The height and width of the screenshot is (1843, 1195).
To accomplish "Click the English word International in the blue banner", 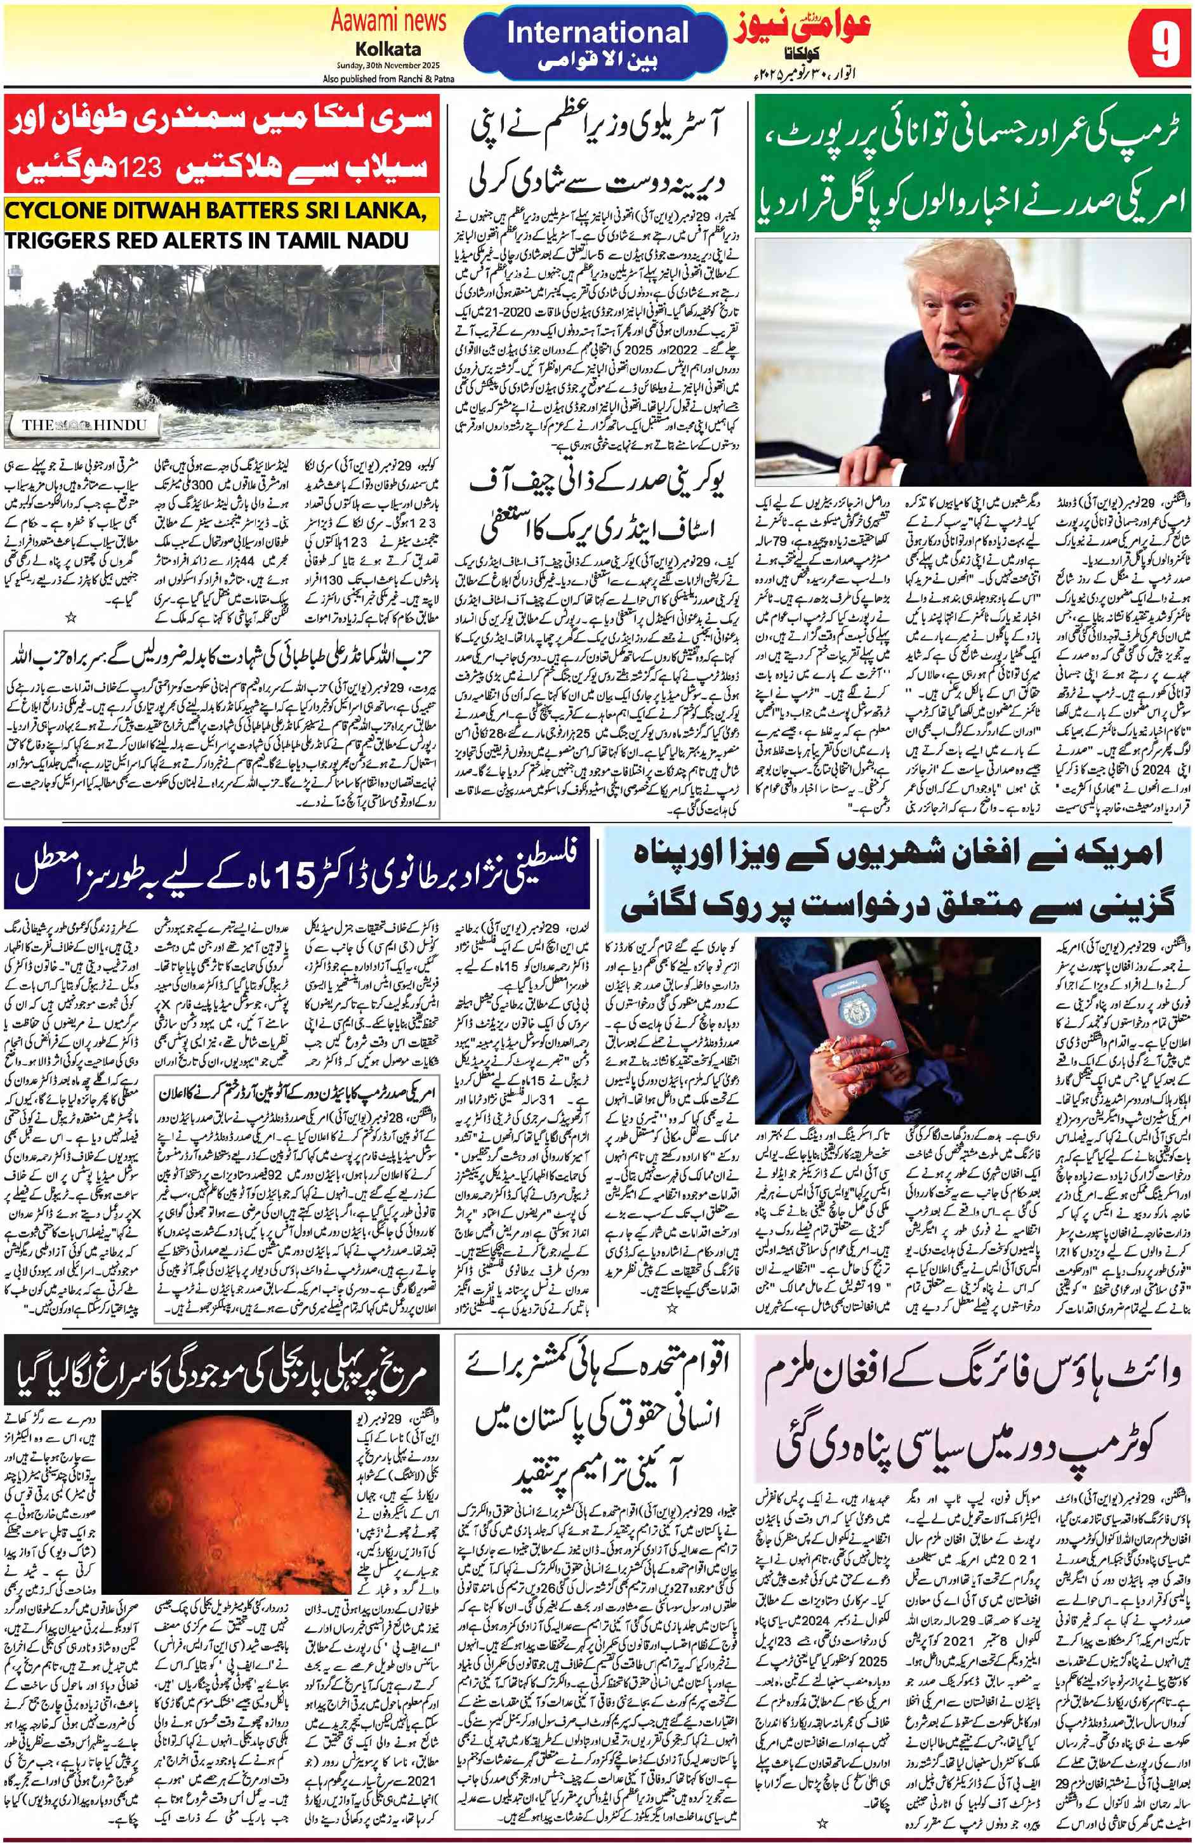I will click(597, 32).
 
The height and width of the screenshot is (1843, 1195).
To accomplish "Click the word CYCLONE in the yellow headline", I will click(59, 211).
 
